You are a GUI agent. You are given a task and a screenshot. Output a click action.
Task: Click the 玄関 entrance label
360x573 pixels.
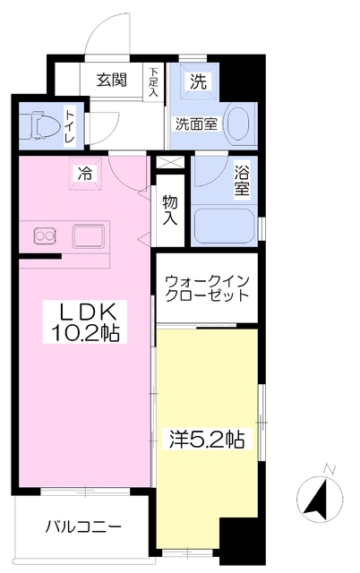pos(112,80)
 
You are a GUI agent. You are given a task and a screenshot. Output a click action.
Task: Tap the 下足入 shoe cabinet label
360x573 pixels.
pos(154,81)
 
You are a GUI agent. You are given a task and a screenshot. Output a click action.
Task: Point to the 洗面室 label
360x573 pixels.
pos(196,125)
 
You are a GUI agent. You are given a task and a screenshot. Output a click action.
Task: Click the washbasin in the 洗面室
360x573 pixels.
pos(239,124)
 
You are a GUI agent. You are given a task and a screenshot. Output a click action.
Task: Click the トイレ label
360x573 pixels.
pos(70,125)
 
